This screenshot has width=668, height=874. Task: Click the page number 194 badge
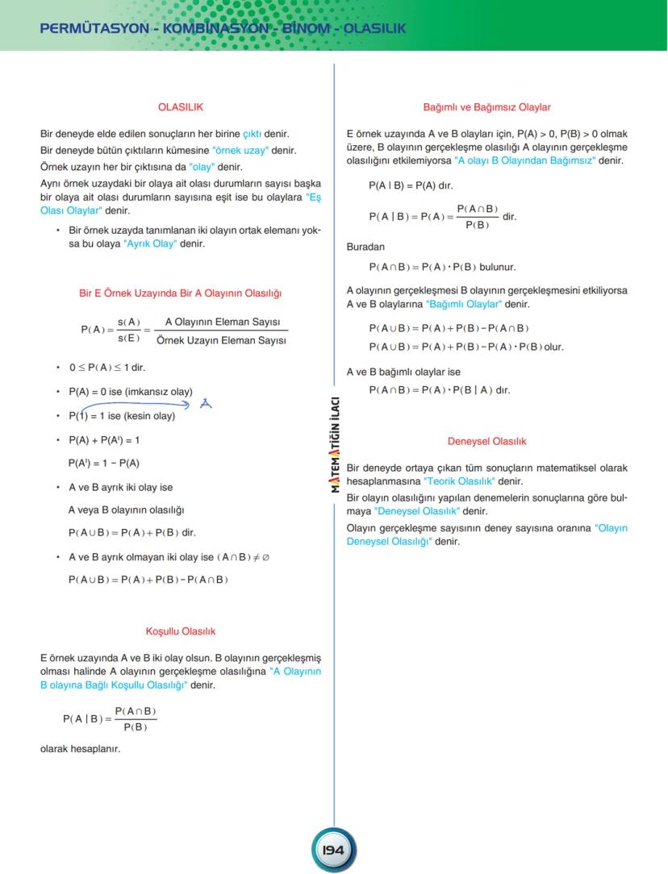coord(333,850)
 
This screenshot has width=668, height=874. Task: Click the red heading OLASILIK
coord(180,106)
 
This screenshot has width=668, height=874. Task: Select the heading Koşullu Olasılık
coord(180,631)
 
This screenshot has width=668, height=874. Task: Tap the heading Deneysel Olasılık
coord(486,441)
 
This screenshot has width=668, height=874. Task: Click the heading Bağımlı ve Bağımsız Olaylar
coord(486,106)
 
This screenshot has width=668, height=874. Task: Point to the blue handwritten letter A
coord(206,404)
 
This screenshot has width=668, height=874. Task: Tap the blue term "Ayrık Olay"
coord(150,243)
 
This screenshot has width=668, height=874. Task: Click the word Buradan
coord(365,247)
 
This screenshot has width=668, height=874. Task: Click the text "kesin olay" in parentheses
coord(149,416)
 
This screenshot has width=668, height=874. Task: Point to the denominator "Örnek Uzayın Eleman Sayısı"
coord(221,341)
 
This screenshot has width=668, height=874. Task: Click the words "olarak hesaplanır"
coord(80,749)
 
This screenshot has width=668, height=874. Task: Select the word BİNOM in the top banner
coord(304,29)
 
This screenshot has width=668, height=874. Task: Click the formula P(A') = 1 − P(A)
coord(104,463)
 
